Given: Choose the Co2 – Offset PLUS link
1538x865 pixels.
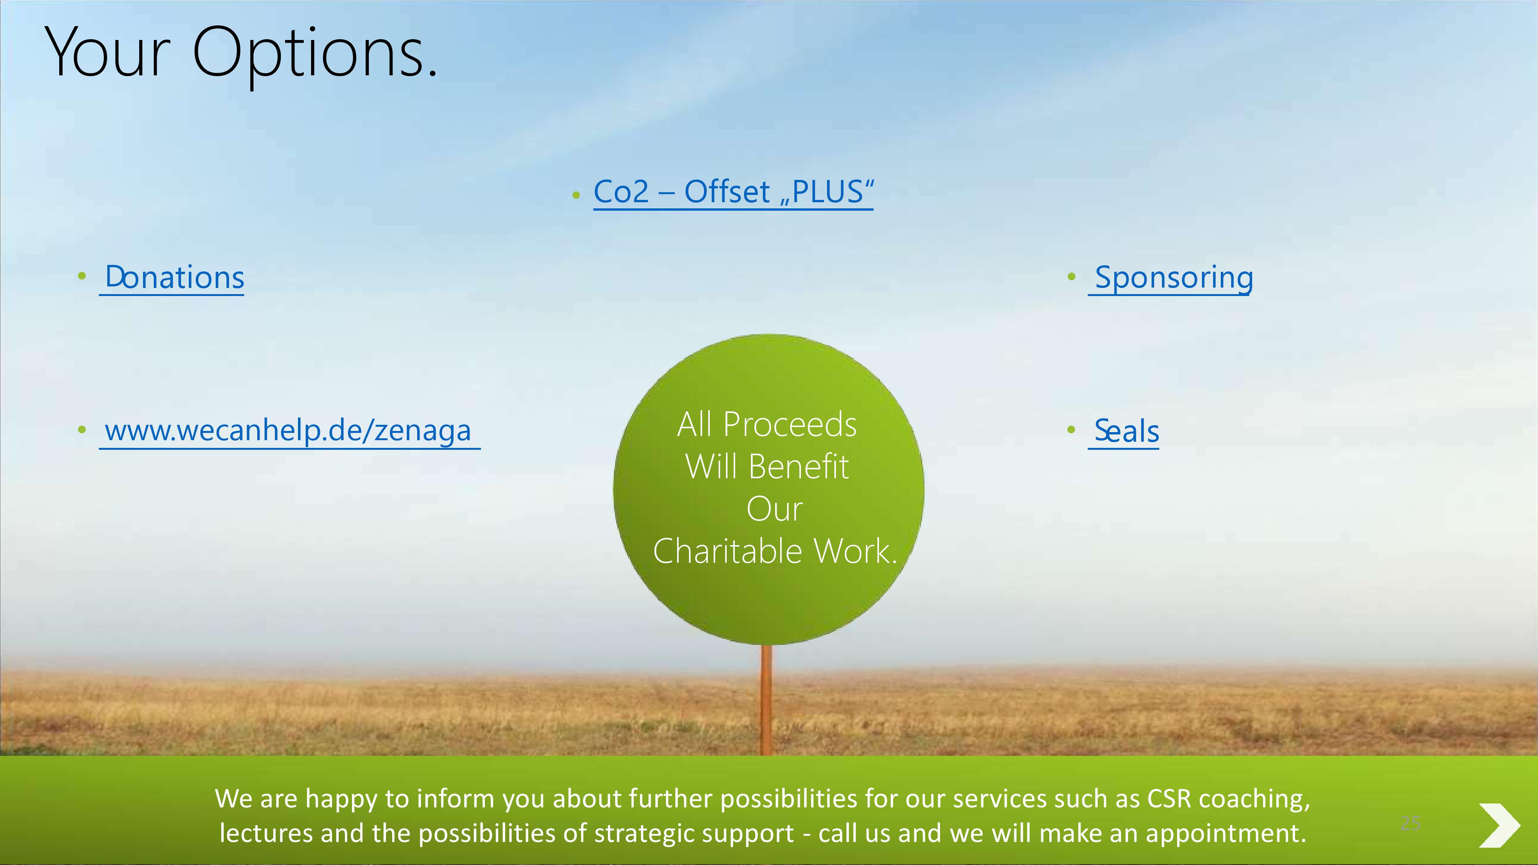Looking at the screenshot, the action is pyautogui.click(x=734, y=192).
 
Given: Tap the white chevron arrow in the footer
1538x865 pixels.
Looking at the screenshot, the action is pyautogui.click(x=1499, y=825).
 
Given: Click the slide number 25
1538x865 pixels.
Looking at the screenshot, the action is pyautogui.click(x=1410, y=823).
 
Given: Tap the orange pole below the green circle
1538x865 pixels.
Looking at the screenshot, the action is pyautogui.click(x=767, y=700).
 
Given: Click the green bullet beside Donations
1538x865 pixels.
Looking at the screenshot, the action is pyautogui.click(x=82, y=276).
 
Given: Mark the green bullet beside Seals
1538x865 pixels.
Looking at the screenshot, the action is pyautogui.click(x=1071, y=429).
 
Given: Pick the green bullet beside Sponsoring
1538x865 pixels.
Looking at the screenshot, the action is pyautogui.click(x=1071, y=276).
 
